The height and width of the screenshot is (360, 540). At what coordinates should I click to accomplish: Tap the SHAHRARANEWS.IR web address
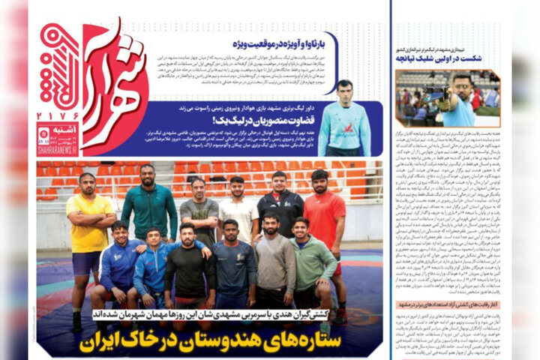point(59,151)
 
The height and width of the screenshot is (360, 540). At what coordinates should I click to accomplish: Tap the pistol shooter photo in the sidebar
point(448,98)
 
